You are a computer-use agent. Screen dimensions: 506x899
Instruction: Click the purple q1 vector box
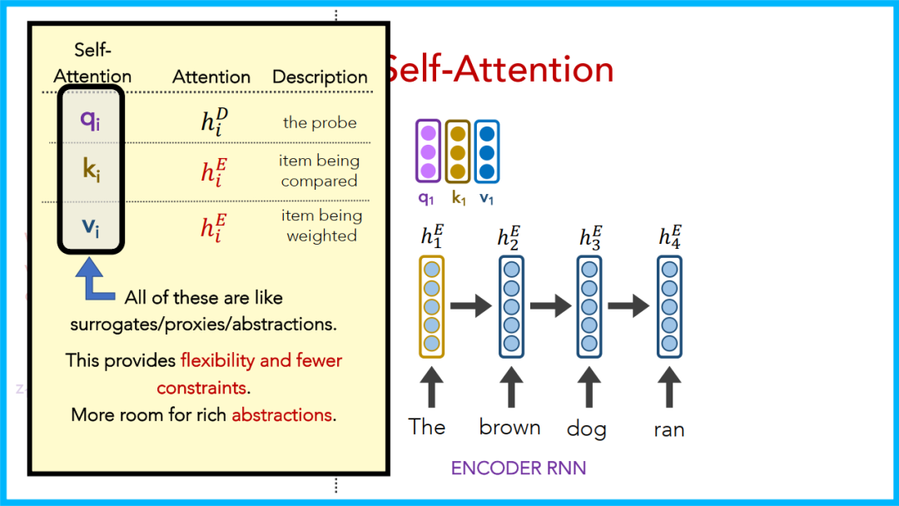[x=428, y=151]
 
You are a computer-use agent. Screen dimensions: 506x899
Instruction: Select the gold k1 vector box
[x=457, y=151]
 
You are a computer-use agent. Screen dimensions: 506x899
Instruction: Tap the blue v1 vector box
[x=487, y=151]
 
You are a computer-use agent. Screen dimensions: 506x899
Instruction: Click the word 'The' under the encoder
[x=427, y=427]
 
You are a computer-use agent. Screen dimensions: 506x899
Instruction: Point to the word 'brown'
[x=509, y=427]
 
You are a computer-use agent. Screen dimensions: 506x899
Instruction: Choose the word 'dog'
[x=586, y=429]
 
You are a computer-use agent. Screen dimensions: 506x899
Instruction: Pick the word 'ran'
[x=668, y=429]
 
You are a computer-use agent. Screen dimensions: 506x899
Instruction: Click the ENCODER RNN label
[x=519, y=468]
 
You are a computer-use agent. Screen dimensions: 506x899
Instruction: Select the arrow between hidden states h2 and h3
[x=549, y=306]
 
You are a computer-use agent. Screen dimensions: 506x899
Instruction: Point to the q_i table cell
[x=91, y=119]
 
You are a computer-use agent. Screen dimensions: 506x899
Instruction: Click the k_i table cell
[x=91, y=172]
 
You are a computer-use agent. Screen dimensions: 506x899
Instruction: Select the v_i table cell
[x=91, y=226]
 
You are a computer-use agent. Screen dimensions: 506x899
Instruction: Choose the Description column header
[x=320, y=77]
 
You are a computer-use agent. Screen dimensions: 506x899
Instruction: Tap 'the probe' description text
[x=320, y=122]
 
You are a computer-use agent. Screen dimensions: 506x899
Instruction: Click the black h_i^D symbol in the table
[x=214, y=121]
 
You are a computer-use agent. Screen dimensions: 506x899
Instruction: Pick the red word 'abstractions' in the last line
[x=282, y=414]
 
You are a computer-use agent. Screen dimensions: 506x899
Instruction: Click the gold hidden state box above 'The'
[x=432, y=306]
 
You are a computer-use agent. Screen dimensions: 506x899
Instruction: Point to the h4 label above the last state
[x=670, y=236]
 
